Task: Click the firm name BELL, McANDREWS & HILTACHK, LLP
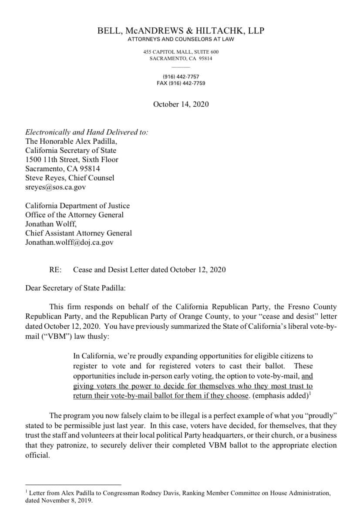pos(180,30)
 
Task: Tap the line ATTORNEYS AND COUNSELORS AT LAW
pos(181,40)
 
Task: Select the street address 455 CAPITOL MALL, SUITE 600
pos(181,52)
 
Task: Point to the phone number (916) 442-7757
pos(181,77)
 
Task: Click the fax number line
pos(181,83)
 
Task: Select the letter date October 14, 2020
pos(181,104)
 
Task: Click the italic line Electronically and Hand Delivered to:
pos(87,132)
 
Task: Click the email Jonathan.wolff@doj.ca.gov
pos(69,243)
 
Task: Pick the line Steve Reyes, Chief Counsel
pos(70,178)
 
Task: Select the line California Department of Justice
pos(77,206)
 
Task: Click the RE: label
pos(56,270)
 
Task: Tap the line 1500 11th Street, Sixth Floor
pos(72,159)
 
